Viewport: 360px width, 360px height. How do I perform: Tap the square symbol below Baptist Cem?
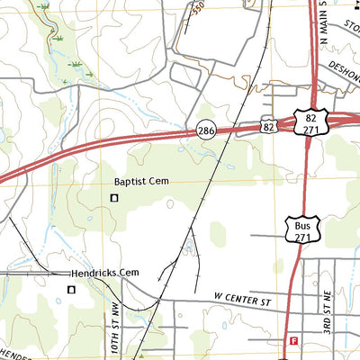click(113, 198)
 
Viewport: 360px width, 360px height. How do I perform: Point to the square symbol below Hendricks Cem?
click(72, 289)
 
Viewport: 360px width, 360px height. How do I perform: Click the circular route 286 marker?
click(206, 131)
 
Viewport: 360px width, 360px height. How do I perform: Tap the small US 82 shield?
click(268, 129)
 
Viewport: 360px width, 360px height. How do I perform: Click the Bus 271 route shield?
click(301, 229)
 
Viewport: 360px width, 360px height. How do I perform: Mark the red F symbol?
click(293, 340)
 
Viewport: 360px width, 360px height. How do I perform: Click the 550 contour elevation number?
click(198, 10)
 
